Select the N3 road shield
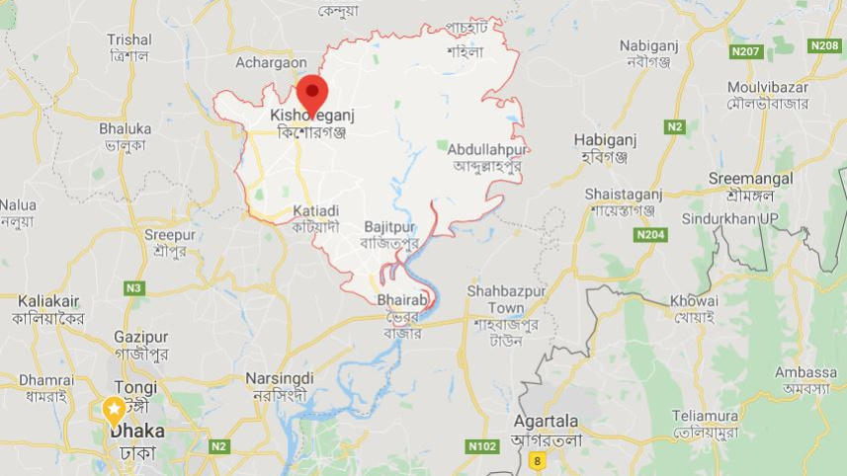tap(133, 287)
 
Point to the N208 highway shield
tap(823, 45)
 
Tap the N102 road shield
tap(481, 446)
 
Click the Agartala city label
tap(546, 419)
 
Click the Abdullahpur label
tap(487, 149)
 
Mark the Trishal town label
tap(128, 40)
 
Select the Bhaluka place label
tap(125, 128)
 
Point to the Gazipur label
tap(140, 337)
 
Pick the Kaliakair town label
tap(48, 300)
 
